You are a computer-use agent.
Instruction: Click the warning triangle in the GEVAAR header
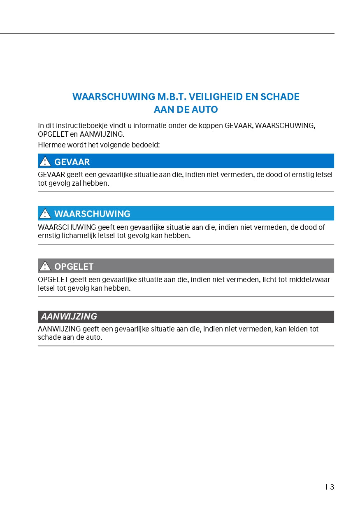[x=45, y=161]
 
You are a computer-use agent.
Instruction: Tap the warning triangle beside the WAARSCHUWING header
[x=45, y=214]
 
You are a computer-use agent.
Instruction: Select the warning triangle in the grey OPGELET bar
[x=45, y=266]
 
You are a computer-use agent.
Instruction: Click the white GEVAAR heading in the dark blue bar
[x=72, y=162]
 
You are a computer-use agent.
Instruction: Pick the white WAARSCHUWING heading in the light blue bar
[x=92, y=214]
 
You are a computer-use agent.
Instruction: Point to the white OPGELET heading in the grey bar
[x=74, y=266]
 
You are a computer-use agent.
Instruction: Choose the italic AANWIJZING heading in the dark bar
[x=69, y=317]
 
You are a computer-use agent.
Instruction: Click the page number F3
[x=330, y=487]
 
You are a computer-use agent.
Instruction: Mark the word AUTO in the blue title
[x=204, y=110]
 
